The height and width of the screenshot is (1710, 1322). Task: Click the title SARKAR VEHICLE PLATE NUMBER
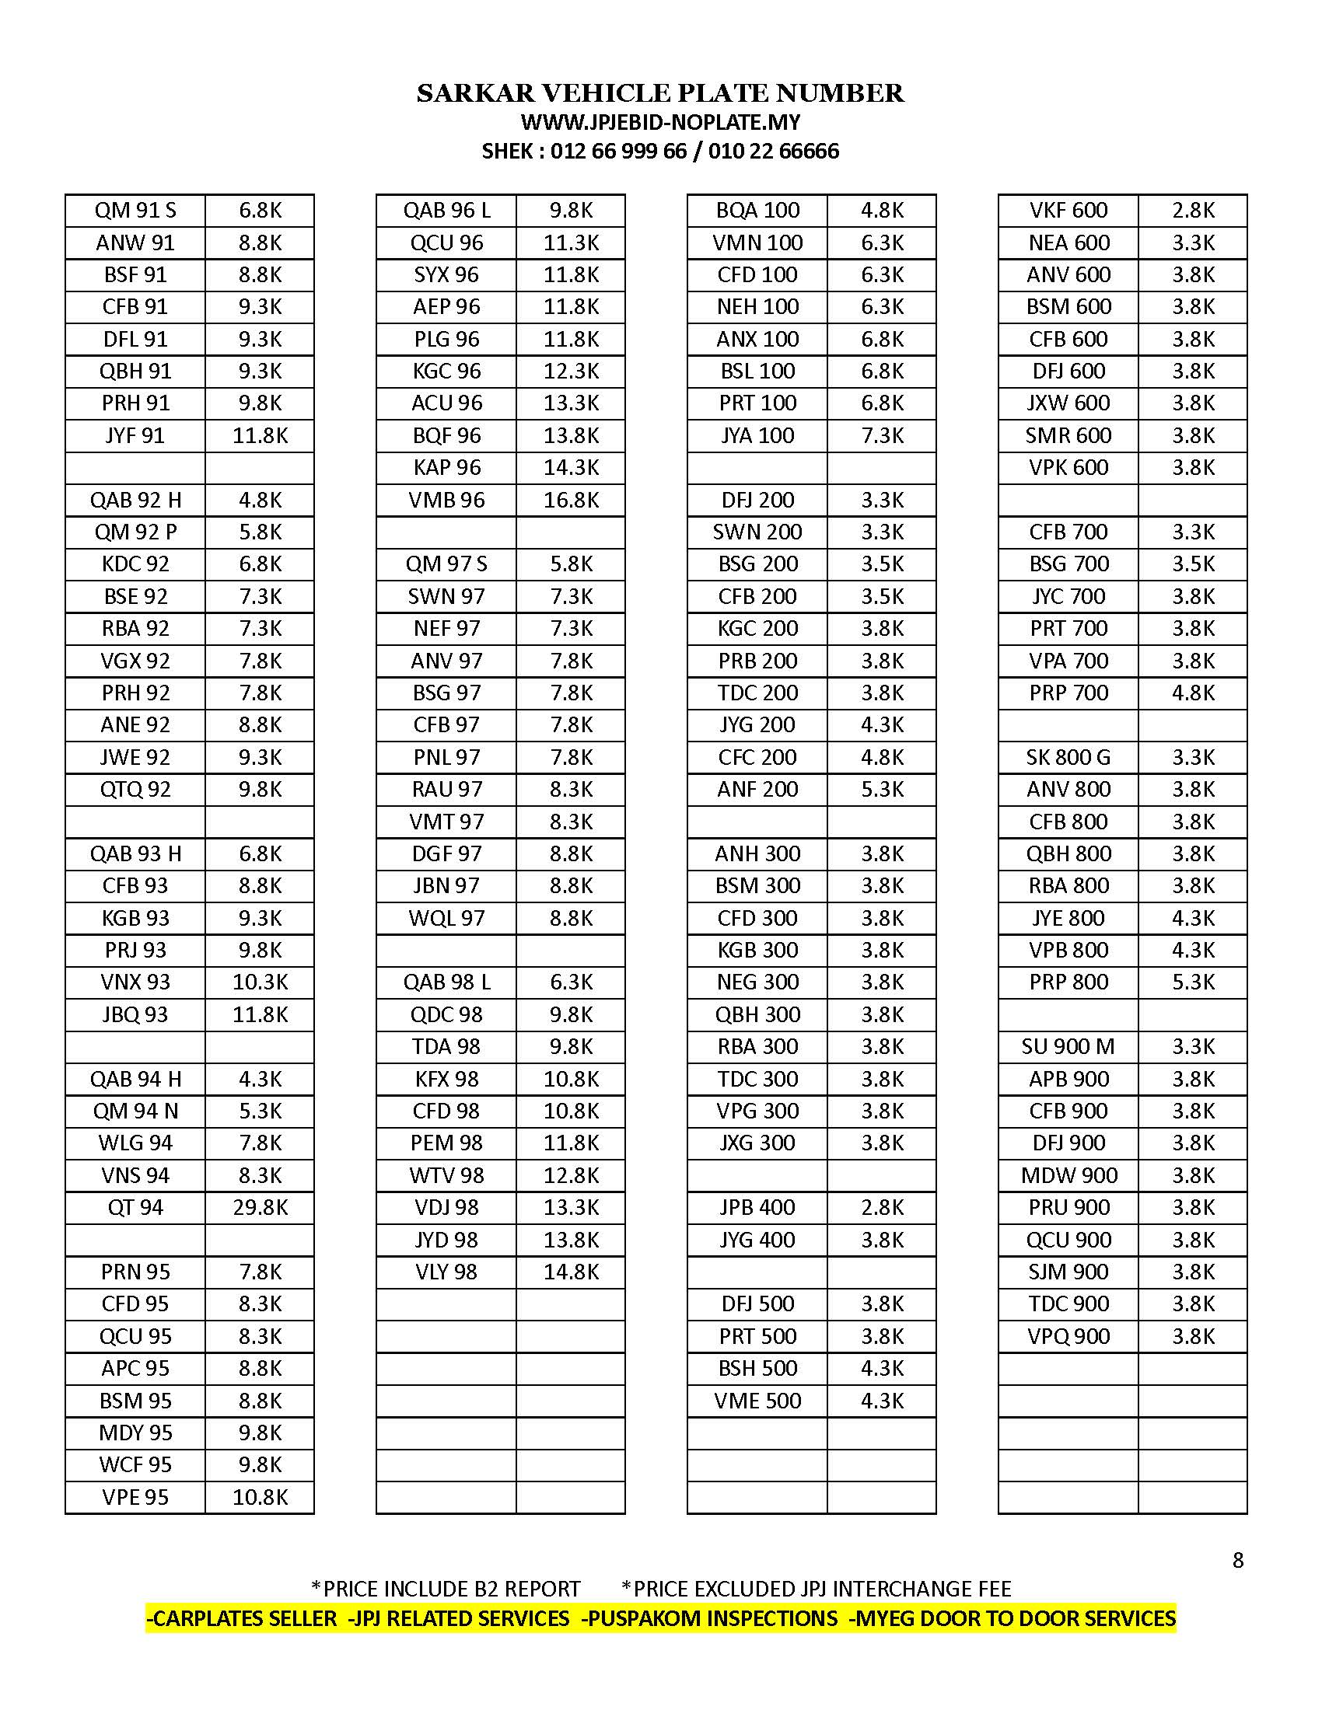click(x=660, y=93)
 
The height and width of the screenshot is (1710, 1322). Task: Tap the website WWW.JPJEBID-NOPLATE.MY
click(x=660, y=122)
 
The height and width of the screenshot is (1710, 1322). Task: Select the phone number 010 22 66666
click(x=773, y=151)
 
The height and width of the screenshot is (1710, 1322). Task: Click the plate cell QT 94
click(x=135, y=1207)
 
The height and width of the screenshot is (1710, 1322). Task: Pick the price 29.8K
click(x=260, y=1207)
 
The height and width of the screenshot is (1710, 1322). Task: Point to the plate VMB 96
click(x=446, y=500)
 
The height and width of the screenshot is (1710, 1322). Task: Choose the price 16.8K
click(x=571, y=500)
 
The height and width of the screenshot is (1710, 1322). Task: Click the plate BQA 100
click(x=757, y=210)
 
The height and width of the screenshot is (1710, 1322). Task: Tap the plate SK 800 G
click(x=1068, y=757)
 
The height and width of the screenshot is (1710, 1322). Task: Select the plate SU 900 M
click(x=1068, y=1046)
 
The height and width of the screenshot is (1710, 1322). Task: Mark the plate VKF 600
click(x=1068, y=210)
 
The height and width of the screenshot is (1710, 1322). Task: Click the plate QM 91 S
click(x=135, y=210)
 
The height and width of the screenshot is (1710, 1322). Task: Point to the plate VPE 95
click(x=135, y=1497)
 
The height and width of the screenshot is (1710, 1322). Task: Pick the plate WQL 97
click(x=446, y=918)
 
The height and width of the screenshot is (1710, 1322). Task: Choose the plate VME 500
click(x=757, y=1400)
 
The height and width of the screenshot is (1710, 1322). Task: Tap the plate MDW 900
click(x=1068, y=1175)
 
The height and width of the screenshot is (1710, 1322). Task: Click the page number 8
click(x=1238, y=1562)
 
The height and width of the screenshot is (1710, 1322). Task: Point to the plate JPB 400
click(x=757, y=1207)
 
